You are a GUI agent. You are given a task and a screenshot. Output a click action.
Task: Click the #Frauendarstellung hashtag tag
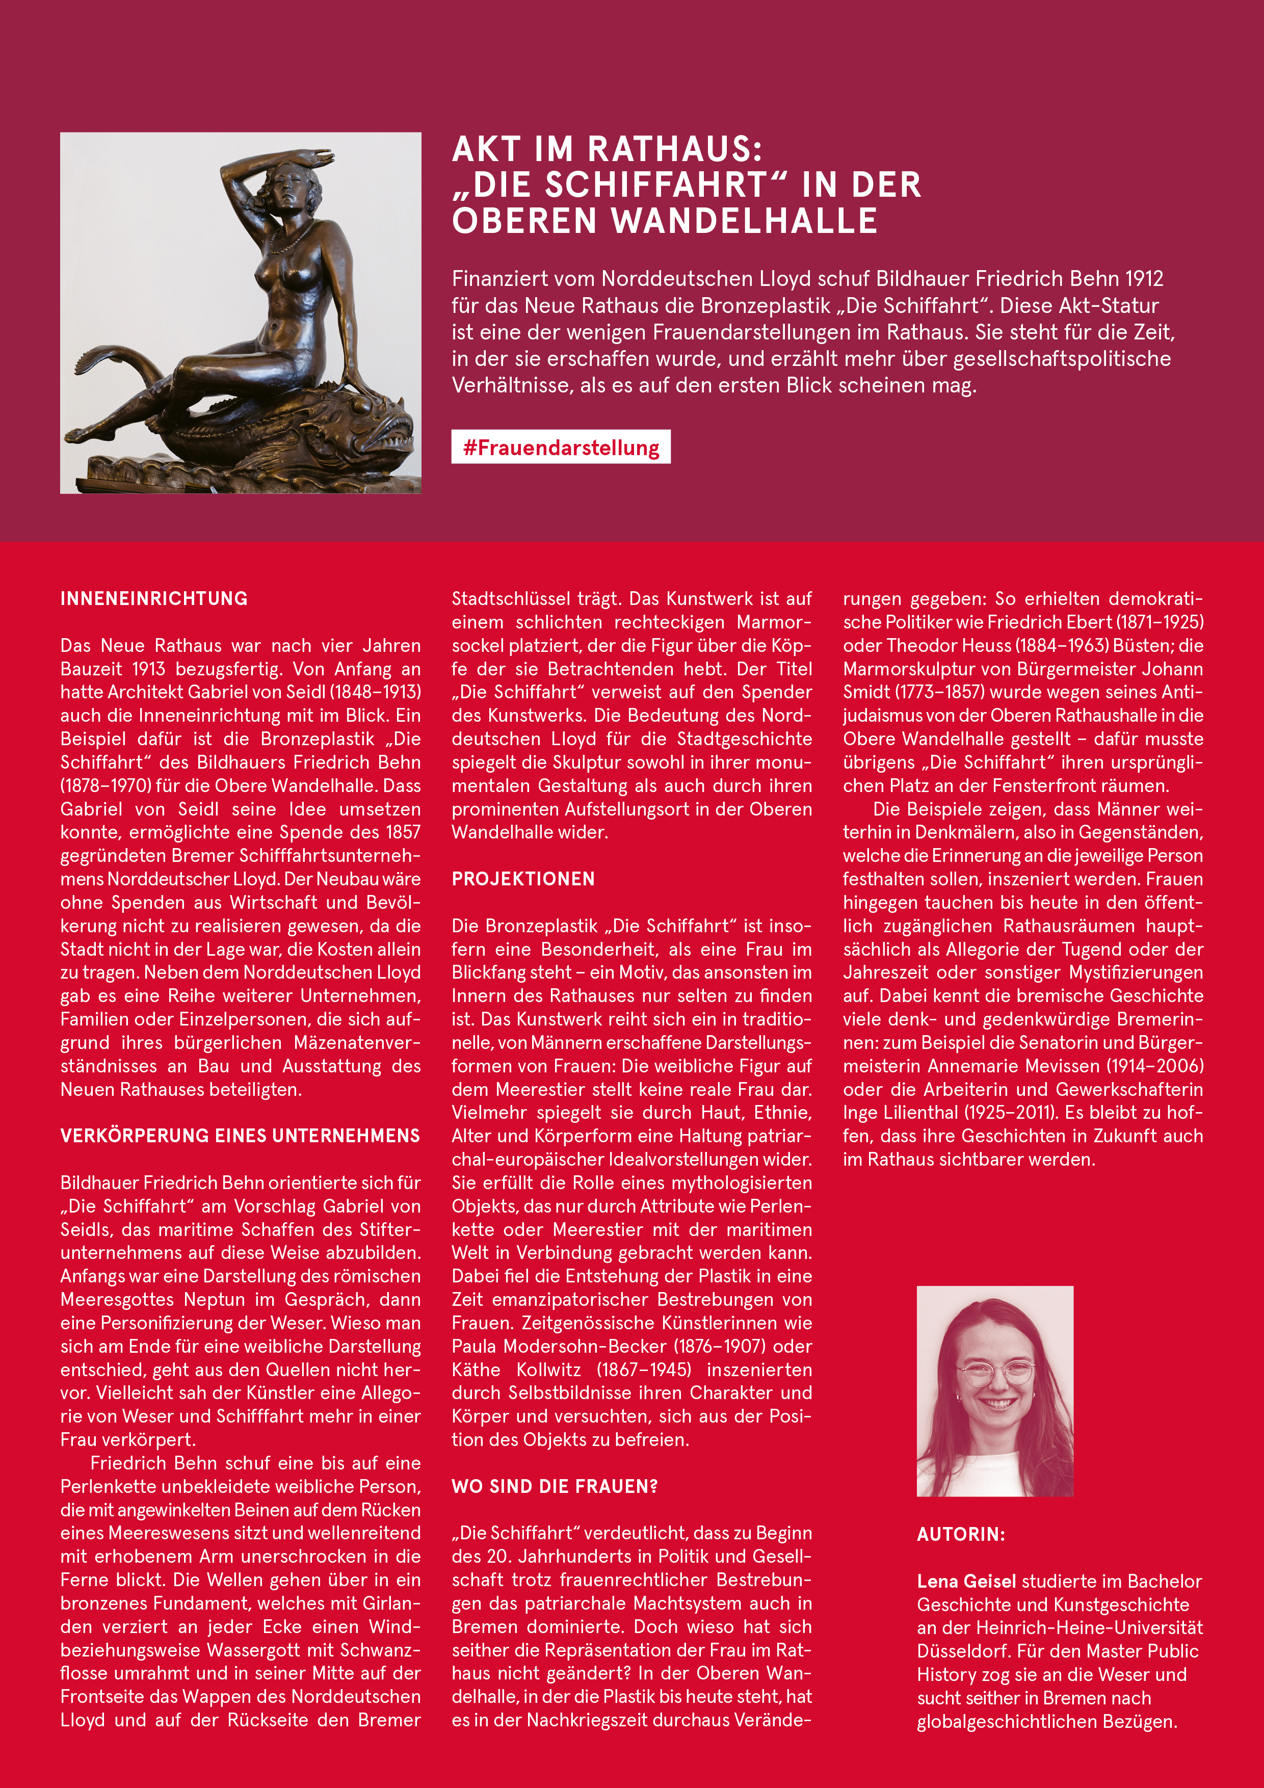point(561,448)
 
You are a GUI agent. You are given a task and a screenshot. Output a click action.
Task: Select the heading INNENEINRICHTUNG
point(154,599)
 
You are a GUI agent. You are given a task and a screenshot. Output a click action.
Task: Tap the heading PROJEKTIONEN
point(523,879)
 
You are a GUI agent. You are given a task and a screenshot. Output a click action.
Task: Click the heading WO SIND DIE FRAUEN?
point(555,1487)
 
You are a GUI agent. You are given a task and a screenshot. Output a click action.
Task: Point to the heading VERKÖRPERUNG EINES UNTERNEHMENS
point(240,1136)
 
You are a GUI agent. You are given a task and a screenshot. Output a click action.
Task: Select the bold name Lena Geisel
point(966,1581)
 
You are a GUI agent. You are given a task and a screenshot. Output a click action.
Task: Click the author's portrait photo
point(994,1391)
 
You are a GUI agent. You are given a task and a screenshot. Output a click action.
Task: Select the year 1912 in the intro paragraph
point(1144,279)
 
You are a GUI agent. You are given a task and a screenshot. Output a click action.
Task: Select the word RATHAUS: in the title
point(674,149)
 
